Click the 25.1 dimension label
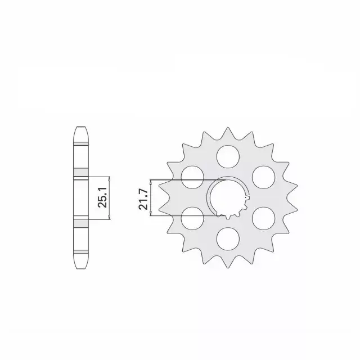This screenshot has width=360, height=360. pyautogui.click(x=102, y=197)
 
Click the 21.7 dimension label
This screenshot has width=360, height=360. pyautogui.click(x=143, y=199)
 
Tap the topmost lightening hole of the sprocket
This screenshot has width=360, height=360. pyautogui.click(x=228, y=156)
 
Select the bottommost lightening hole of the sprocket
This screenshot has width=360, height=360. pyautogui.click(x=228, y=239)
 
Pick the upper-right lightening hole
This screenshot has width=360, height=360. pyautogui.click(x=264, y=177)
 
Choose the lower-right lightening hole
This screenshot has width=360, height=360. pyautogui.click(x=264, y=218)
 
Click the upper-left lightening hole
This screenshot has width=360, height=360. pyautogui.click(x=192, y=177)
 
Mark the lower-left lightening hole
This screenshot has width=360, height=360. pyautogui.click(x=192, y=218)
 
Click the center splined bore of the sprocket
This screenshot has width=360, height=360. pyautogui.click(x=228, y=198)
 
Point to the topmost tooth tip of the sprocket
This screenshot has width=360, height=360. pyautogui.click(x=228, y=128)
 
